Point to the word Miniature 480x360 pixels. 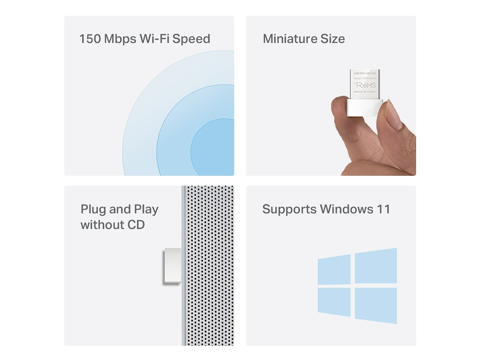290,39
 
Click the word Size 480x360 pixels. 332,39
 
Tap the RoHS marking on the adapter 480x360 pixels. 365,85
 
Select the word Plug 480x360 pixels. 93,210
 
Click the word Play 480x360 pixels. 146,210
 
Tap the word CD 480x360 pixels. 136,225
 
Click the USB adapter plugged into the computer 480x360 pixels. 172,266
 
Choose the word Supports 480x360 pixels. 289,210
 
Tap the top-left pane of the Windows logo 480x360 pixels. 334,269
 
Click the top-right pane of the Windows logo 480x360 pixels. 376,266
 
